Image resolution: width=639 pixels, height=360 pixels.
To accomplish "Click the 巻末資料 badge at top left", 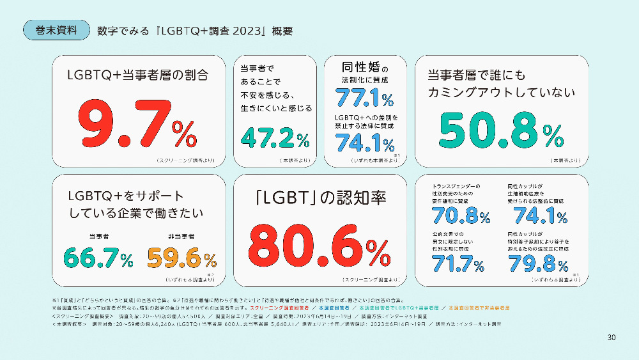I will click(56, 30).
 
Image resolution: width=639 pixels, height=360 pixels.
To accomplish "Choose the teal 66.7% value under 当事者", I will click(98, 258).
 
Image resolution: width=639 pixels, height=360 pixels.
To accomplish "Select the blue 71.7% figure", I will click(458, 263).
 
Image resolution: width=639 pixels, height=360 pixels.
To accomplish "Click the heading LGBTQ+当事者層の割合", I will click(138, 75).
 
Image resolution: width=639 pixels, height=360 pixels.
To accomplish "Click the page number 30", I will click(611, 337).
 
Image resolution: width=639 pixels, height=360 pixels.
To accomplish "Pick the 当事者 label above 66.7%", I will click(98, 237).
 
